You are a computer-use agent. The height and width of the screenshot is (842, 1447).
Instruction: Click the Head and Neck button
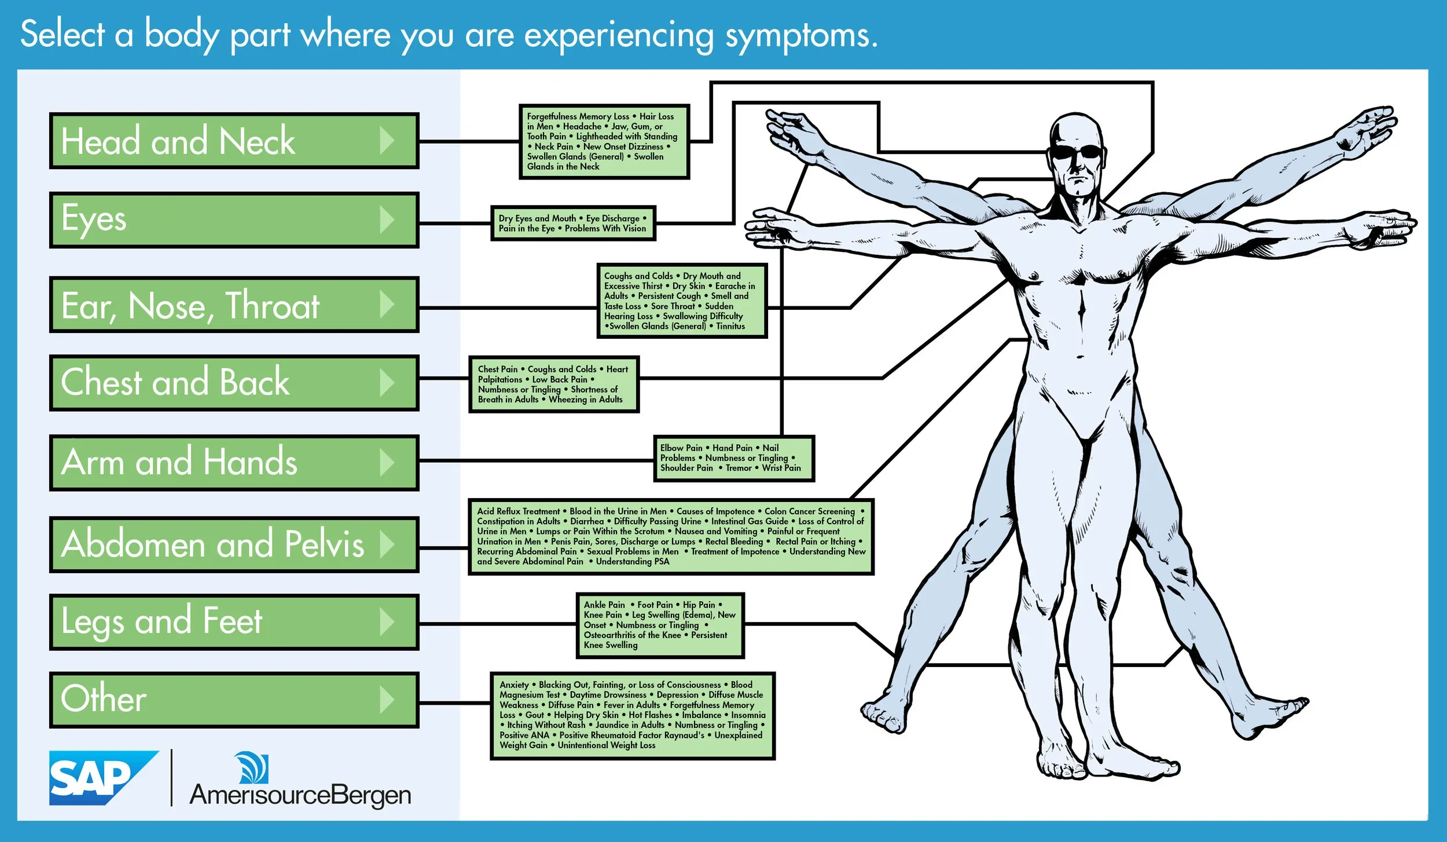[x=234, y=141]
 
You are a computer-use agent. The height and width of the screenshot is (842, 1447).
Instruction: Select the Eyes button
[x=234, y=220]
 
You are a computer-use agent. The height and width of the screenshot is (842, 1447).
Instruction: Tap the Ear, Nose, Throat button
[x=234, y=305]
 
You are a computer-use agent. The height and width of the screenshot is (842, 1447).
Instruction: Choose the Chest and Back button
[x=234, y=383]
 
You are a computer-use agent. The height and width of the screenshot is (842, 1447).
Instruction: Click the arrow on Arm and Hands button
[x=387, y=463]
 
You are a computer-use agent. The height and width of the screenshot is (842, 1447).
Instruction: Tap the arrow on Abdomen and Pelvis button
[x=387, y=544]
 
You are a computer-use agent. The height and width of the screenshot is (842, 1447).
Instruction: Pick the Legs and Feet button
[x=234, y=622]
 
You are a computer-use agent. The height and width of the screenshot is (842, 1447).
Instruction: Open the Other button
[x=234, y=700]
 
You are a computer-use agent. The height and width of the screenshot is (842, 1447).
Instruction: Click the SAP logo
[x=103, y=778]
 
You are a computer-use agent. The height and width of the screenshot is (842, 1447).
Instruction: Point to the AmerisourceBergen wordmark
[x=300, y=795]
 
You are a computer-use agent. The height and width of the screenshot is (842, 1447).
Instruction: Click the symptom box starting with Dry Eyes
[x=573, y=223]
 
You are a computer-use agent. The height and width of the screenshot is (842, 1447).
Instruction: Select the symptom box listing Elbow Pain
[x=733, y=458]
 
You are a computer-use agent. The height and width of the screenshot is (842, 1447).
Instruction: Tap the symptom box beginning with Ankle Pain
[x=660, y=625]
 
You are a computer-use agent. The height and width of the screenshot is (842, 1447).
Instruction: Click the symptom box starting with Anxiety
[x=632, y=715]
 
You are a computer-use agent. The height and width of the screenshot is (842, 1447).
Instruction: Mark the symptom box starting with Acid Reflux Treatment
[x=671, y=536]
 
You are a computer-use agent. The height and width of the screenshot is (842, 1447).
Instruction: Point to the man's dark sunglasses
[x=1077, y=152]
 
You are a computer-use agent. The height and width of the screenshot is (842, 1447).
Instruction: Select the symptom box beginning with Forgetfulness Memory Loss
[x=604, y=142]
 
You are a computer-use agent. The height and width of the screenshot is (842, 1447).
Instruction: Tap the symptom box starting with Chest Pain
[x=554, y=384]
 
